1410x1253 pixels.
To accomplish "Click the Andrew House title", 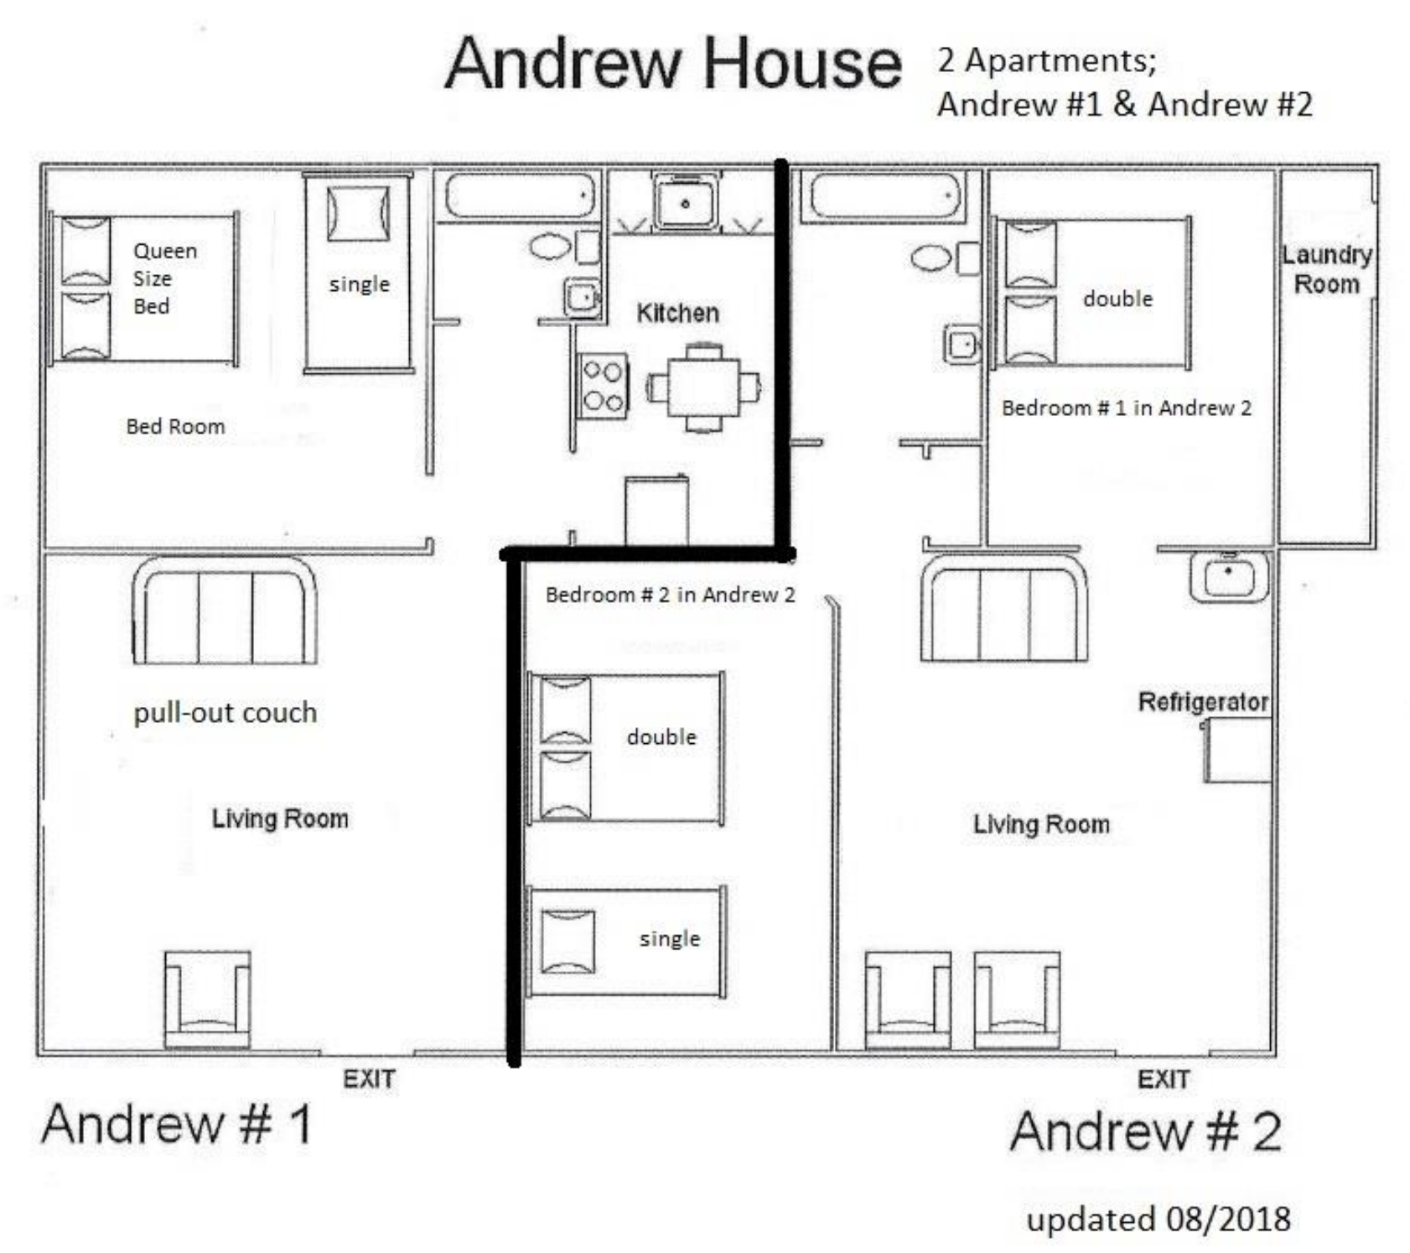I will (x=673, y=64).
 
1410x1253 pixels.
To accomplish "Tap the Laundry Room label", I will (x=1326, y=269).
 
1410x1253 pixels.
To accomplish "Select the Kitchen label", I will (x=677, y=313).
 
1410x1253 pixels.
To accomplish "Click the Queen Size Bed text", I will (x=164, y=278).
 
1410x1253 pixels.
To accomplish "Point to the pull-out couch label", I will (x=225, y=713).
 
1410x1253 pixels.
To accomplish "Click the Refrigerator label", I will (x=1203, y=701).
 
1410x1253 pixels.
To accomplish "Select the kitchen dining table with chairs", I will (x=703, y=387).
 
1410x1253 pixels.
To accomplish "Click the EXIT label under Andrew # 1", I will (x=369, y=1079).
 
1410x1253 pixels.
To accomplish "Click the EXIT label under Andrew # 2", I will (x=1163, y=1079).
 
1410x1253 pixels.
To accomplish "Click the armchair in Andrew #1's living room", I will (x=207, y=998).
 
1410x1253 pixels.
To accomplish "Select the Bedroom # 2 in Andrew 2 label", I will (x=670, y=595).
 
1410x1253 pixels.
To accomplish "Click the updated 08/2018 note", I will (x=1158, y=1219).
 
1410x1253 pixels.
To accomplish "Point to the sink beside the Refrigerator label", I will (x=1228, y=578).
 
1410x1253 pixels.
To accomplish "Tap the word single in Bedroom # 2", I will (x=669, y=938).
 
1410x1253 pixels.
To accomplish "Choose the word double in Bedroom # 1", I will (x=1117, y=299).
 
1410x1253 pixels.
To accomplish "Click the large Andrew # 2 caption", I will (x=1145, y=1131).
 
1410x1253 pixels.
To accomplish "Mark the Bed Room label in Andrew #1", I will (x=175, y=426).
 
